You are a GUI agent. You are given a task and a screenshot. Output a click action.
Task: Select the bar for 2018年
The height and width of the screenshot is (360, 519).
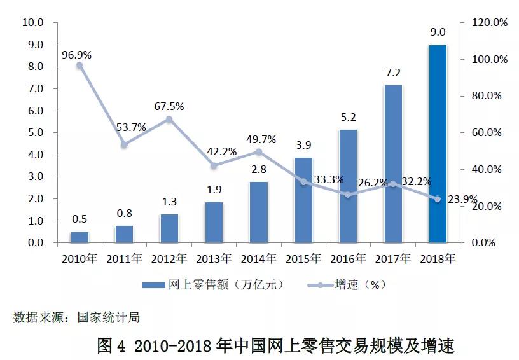coord(438,144)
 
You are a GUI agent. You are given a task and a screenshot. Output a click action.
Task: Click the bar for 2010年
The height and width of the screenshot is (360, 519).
coord(80,237)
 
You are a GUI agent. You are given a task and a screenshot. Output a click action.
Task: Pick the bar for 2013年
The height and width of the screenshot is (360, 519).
coord(214,222)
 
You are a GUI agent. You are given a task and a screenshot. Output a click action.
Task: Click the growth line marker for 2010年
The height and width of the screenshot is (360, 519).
coord(80,66)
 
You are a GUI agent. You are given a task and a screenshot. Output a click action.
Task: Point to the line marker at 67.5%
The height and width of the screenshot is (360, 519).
coord(169,119)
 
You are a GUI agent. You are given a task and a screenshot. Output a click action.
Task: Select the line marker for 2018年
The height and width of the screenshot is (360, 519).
coord(438,199)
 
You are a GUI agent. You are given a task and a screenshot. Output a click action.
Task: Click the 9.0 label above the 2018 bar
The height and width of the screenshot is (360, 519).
coord(438,32)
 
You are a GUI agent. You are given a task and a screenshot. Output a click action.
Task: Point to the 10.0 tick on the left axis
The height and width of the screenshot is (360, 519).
coord(32,23)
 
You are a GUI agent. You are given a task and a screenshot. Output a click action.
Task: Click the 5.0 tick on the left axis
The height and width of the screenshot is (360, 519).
coord(34,133)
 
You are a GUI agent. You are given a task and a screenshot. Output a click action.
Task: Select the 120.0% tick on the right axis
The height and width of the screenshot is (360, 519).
coord(489,23)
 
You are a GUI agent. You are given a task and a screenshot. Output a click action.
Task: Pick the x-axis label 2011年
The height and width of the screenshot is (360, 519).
coord(124,259)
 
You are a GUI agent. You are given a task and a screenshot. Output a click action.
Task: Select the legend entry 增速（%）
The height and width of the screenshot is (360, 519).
coord(360,284)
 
